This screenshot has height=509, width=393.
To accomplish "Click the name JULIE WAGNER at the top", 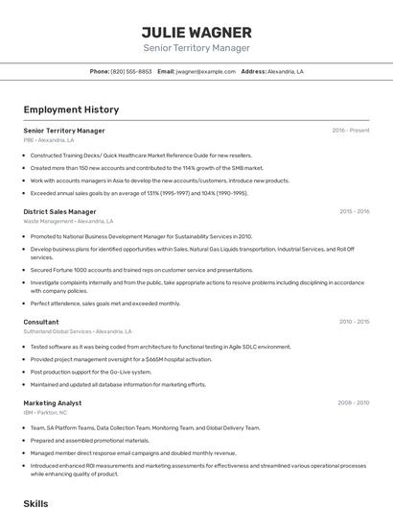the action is point(196,32).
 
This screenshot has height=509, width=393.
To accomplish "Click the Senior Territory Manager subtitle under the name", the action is point(196,48).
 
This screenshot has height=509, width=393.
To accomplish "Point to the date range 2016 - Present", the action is point(351,130).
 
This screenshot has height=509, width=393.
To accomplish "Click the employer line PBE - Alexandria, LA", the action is point(49,140).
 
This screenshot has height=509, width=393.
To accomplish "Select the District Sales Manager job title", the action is point(59,211).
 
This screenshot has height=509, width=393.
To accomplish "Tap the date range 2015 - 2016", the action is point(354,211).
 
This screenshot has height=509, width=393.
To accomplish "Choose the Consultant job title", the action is point(41,322).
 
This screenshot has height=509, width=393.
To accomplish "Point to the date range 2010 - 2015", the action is point(354,322).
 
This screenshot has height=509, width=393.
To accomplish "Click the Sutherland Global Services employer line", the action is point(78,331).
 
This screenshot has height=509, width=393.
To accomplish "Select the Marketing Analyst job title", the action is point(53,403).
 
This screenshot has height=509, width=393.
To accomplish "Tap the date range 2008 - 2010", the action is point(354,403).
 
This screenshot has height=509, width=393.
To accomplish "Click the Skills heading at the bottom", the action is point(35,502).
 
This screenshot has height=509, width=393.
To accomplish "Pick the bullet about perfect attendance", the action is point(104,303).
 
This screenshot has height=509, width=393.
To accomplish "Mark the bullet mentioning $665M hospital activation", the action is point(120,358).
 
